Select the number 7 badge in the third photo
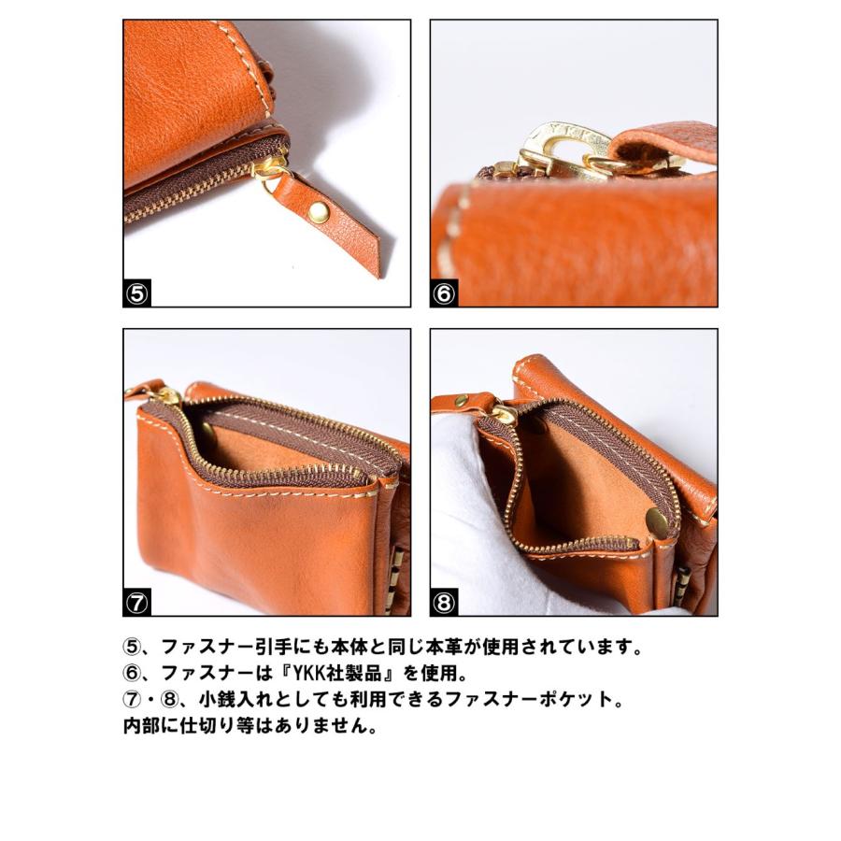[x=137, y=603]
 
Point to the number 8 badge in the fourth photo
[x=444, y=603]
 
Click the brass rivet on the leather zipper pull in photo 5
[x=319, y=212]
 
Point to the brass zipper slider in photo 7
[x=168, y=396]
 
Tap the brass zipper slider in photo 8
[x=503, y=412]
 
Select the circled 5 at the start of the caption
[x=132, y=647]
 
